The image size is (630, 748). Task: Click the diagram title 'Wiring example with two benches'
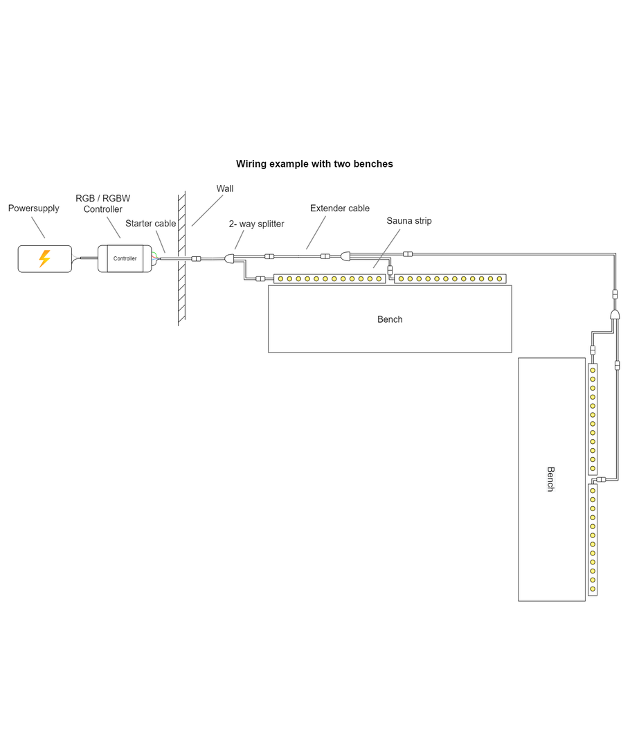(x=314, y=164)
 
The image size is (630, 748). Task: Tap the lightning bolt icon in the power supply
(x=44, y=258)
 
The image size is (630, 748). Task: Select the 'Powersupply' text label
(x=34, y=208)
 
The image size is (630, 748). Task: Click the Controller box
(x=125, y=258)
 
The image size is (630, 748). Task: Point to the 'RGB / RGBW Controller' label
(x=103, y=204)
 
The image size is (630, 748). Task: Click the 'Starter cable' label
(x=150, y=224)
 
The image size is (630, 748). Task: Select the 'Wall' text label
(x=225, y=188)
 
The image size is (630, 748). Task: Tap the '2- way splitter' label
(x=256, y=224)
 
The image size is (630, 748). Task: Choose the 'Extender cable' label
(x=340, y=208)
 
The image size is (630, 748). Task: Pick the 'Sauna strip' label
(x=409, y=221)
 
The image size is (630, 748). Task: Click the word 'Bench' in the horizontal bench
(x=390, y=319)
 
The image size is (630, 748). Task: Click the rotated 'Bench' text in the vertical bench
(x=551, y=479)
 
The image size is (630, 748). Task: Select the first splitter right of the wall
(x=230, y=258)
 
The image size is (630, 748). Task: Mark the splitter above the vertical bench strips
(x=614, y=316)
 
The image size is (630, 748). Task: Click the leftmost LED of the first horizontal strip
(x=280, y=279)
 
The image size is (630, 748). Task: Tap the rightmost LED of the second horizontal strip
(x=499, y=279)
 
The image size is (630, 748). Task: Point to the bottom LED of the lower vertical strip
(x=593, y=589)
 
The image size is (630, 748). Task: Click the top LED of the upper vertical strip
(x=593, y=370)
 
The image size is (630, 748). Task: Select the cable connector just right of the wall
(x=197, y=258)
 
